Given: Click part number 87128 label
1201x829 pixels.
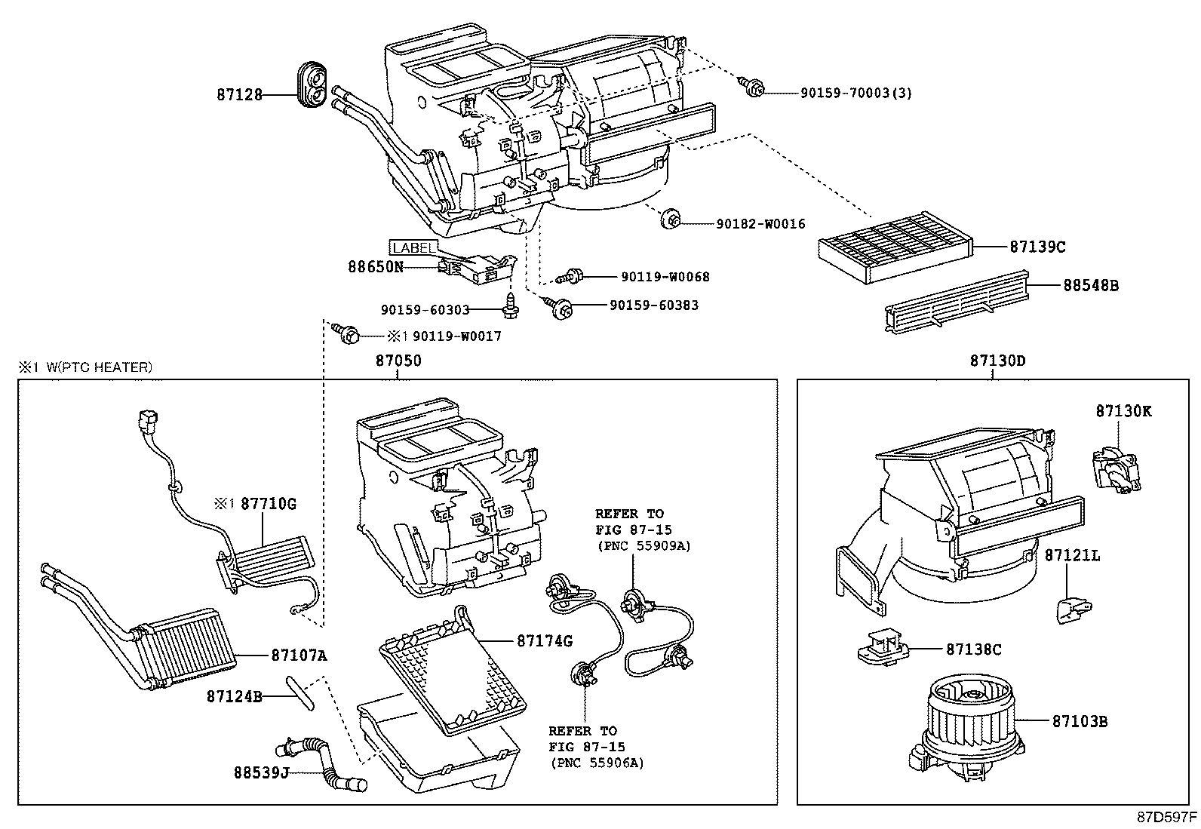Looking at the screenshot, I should point(239,95).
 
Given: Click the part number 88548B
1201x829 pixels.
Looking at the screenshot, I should point(1090,286).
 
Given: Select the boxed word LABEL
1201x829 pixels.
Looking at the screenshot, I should point(413,247).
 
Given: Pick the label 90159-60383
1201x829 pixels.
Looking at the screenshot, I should point(653,306).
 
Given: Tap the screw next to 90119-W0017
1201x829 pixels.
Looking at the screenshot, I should point(349,333).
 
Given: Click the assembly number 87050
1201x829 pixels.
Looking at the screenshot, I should point(398,361).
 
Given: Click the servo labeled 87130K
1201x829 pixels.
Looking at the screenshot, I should point(1116,468).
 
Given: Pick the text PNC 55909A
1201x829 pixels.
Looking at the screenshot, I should point(643,545).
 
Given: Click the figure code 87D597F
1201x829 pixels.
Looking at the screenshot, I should point(1167,817).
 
